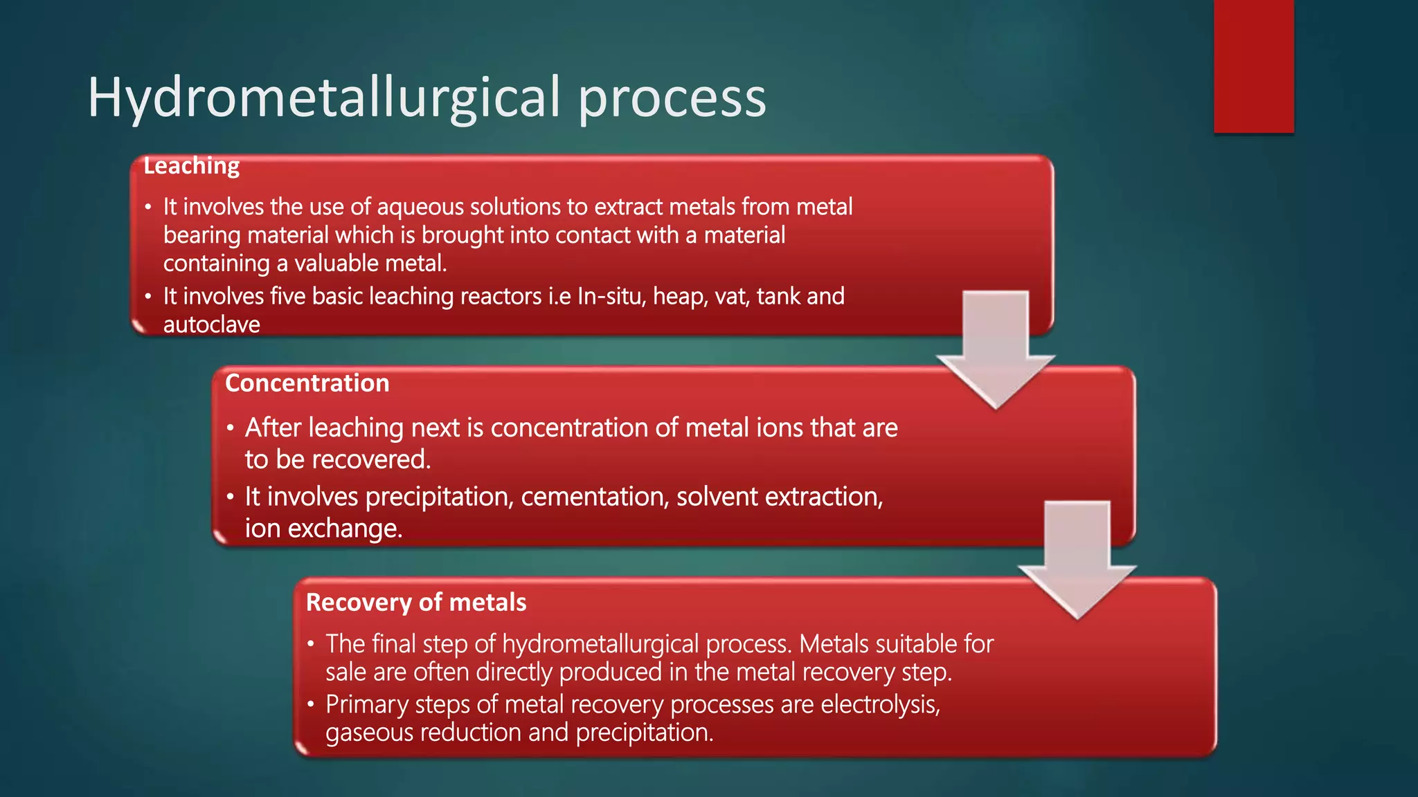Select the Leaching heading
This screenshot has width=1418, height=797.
point(192,166)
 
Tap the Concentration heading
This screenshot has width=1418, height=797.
point(307,383)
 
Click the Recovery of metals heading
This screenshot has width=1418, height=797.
point(416,603)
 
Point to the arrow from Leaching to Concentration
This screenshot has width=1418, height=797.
point(996,346)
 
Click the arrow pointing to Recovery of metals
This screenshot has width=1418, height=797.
point(1077,557)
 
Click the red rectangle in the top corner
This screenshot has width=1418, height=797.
point(1253,66)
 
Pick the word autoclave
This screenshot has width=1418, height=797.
point(212,324)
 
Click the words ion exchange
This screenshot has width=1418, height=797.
point(323,529)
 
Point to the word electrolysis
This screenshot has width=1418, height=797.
point(880,704)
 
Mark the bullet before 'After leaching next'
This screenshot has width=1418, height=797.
point(230,428)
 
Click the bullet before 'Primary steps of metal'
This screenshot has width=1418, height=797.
point(311,704)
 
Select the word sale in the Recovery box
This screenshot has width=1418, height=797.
point(345,672)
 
